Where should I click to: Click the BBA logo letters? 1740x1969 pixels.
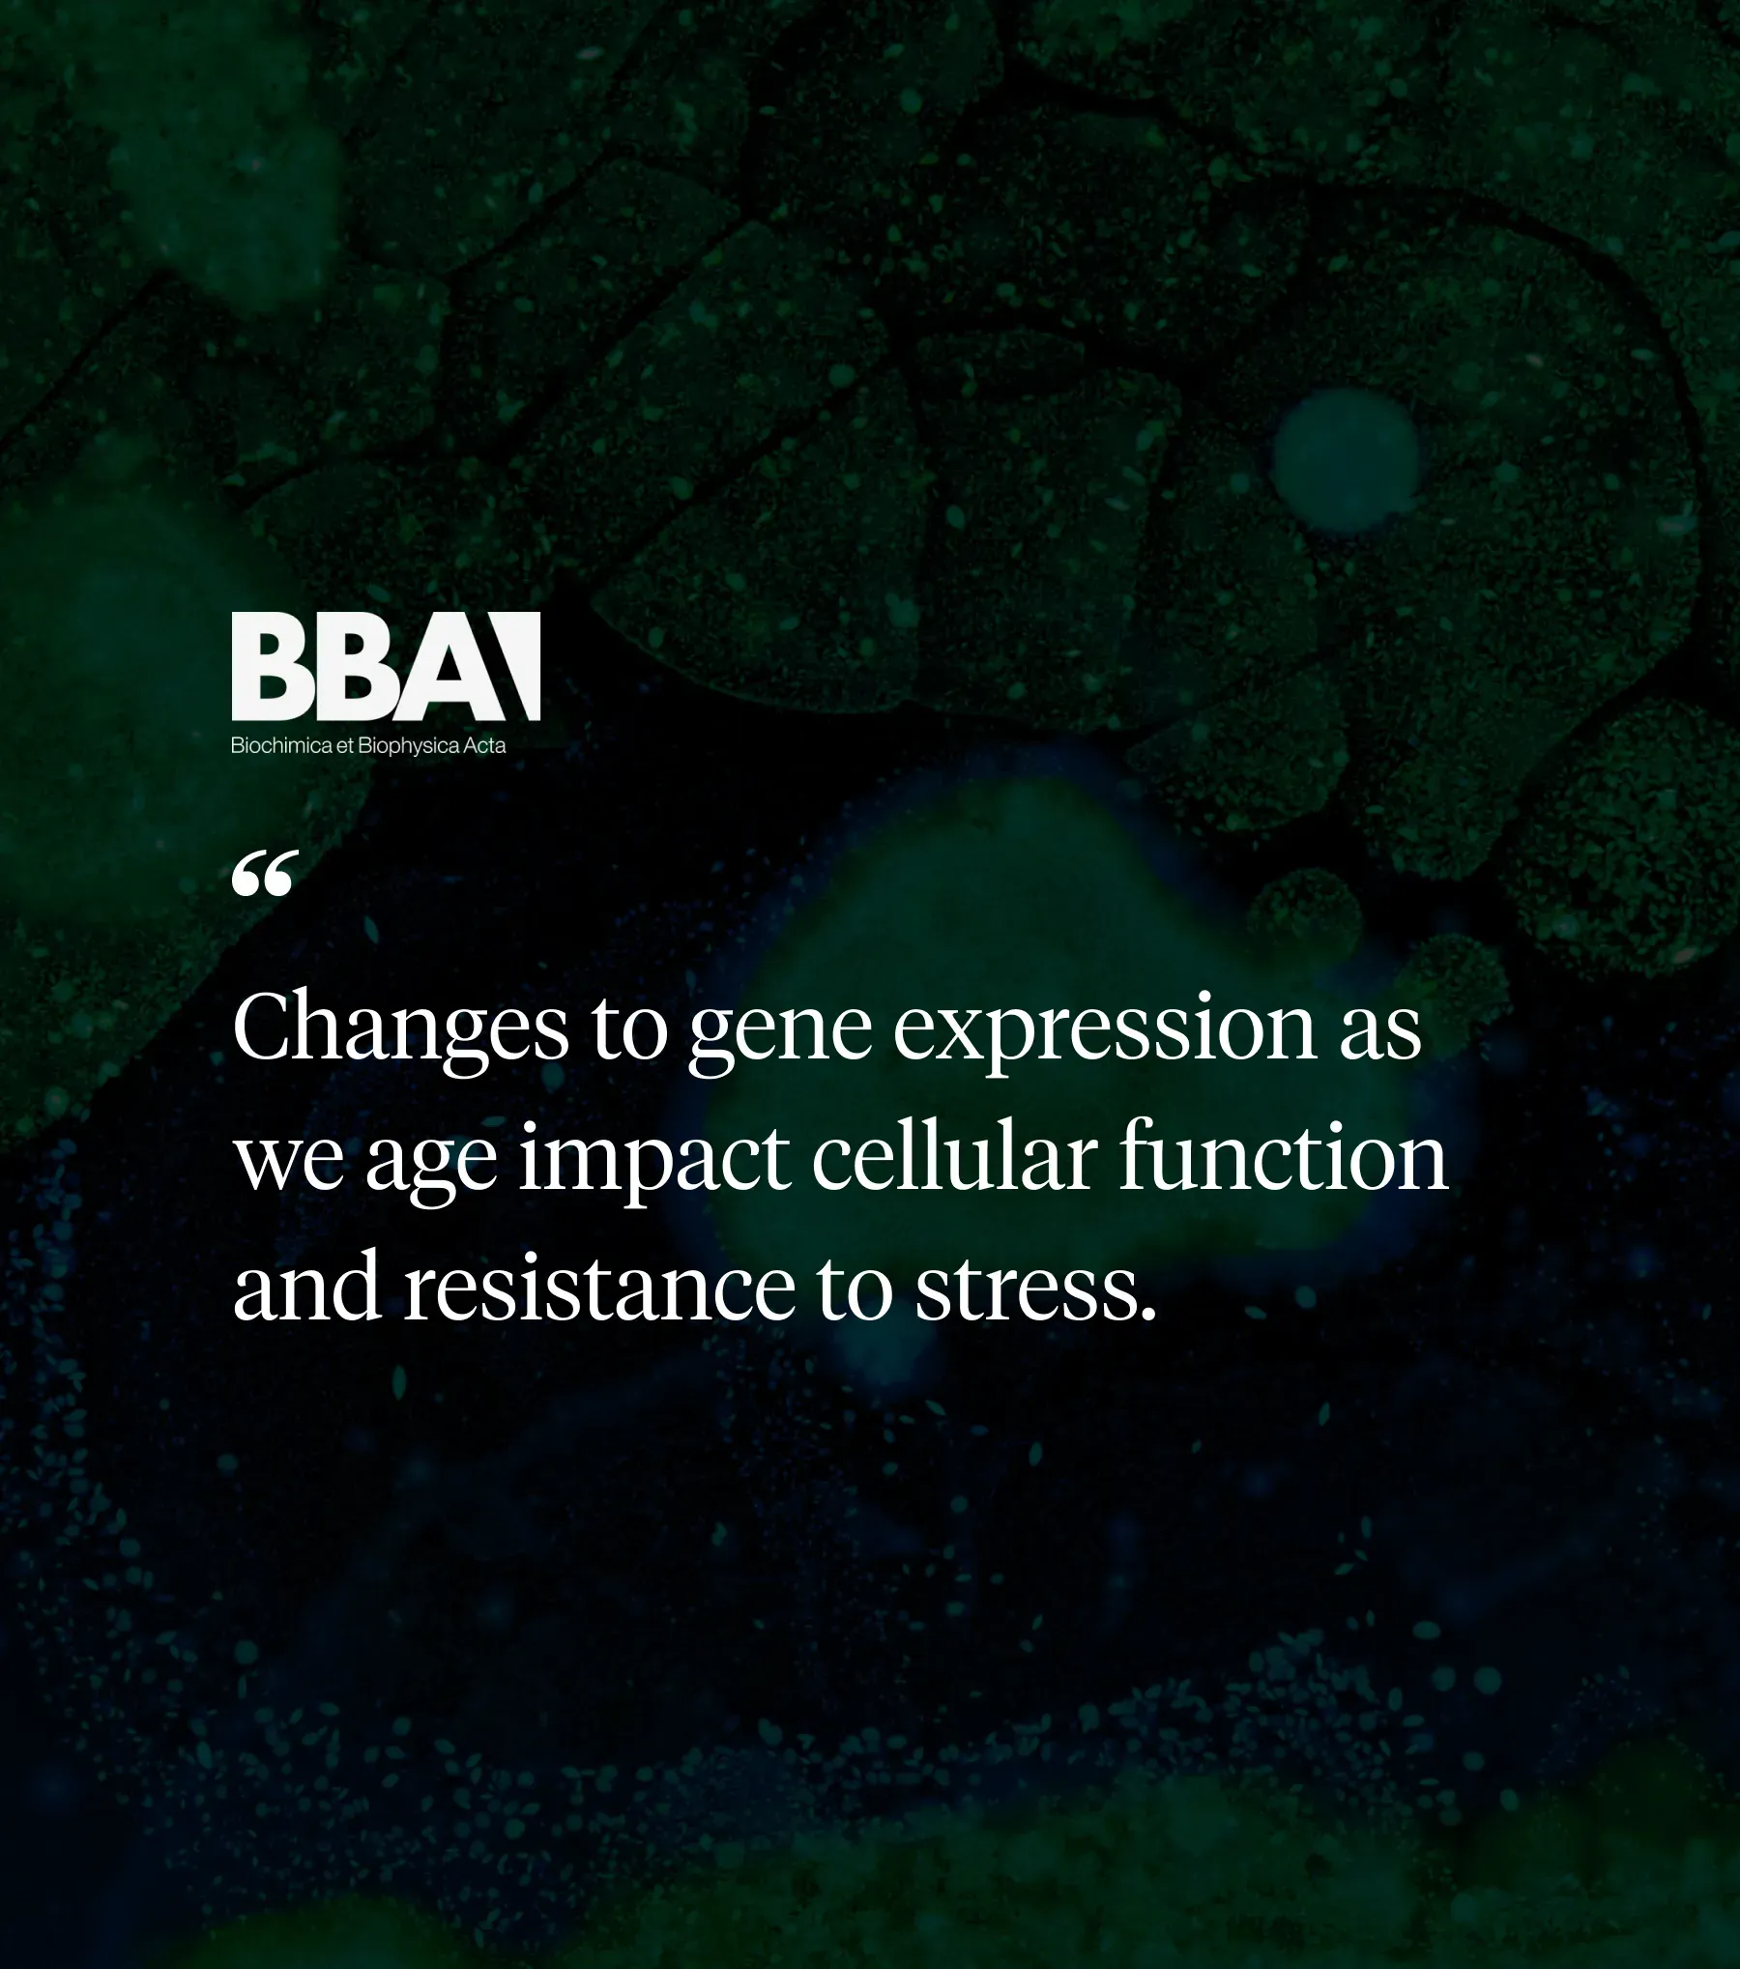click(385, 666)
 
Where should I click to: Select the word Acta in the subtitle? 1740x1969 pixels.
click(484, 746)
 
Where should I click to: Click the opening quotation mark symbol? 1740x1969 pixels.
click(261, 874)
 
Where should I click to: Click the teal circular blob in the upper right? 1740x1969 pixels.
click(1346, 460)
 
